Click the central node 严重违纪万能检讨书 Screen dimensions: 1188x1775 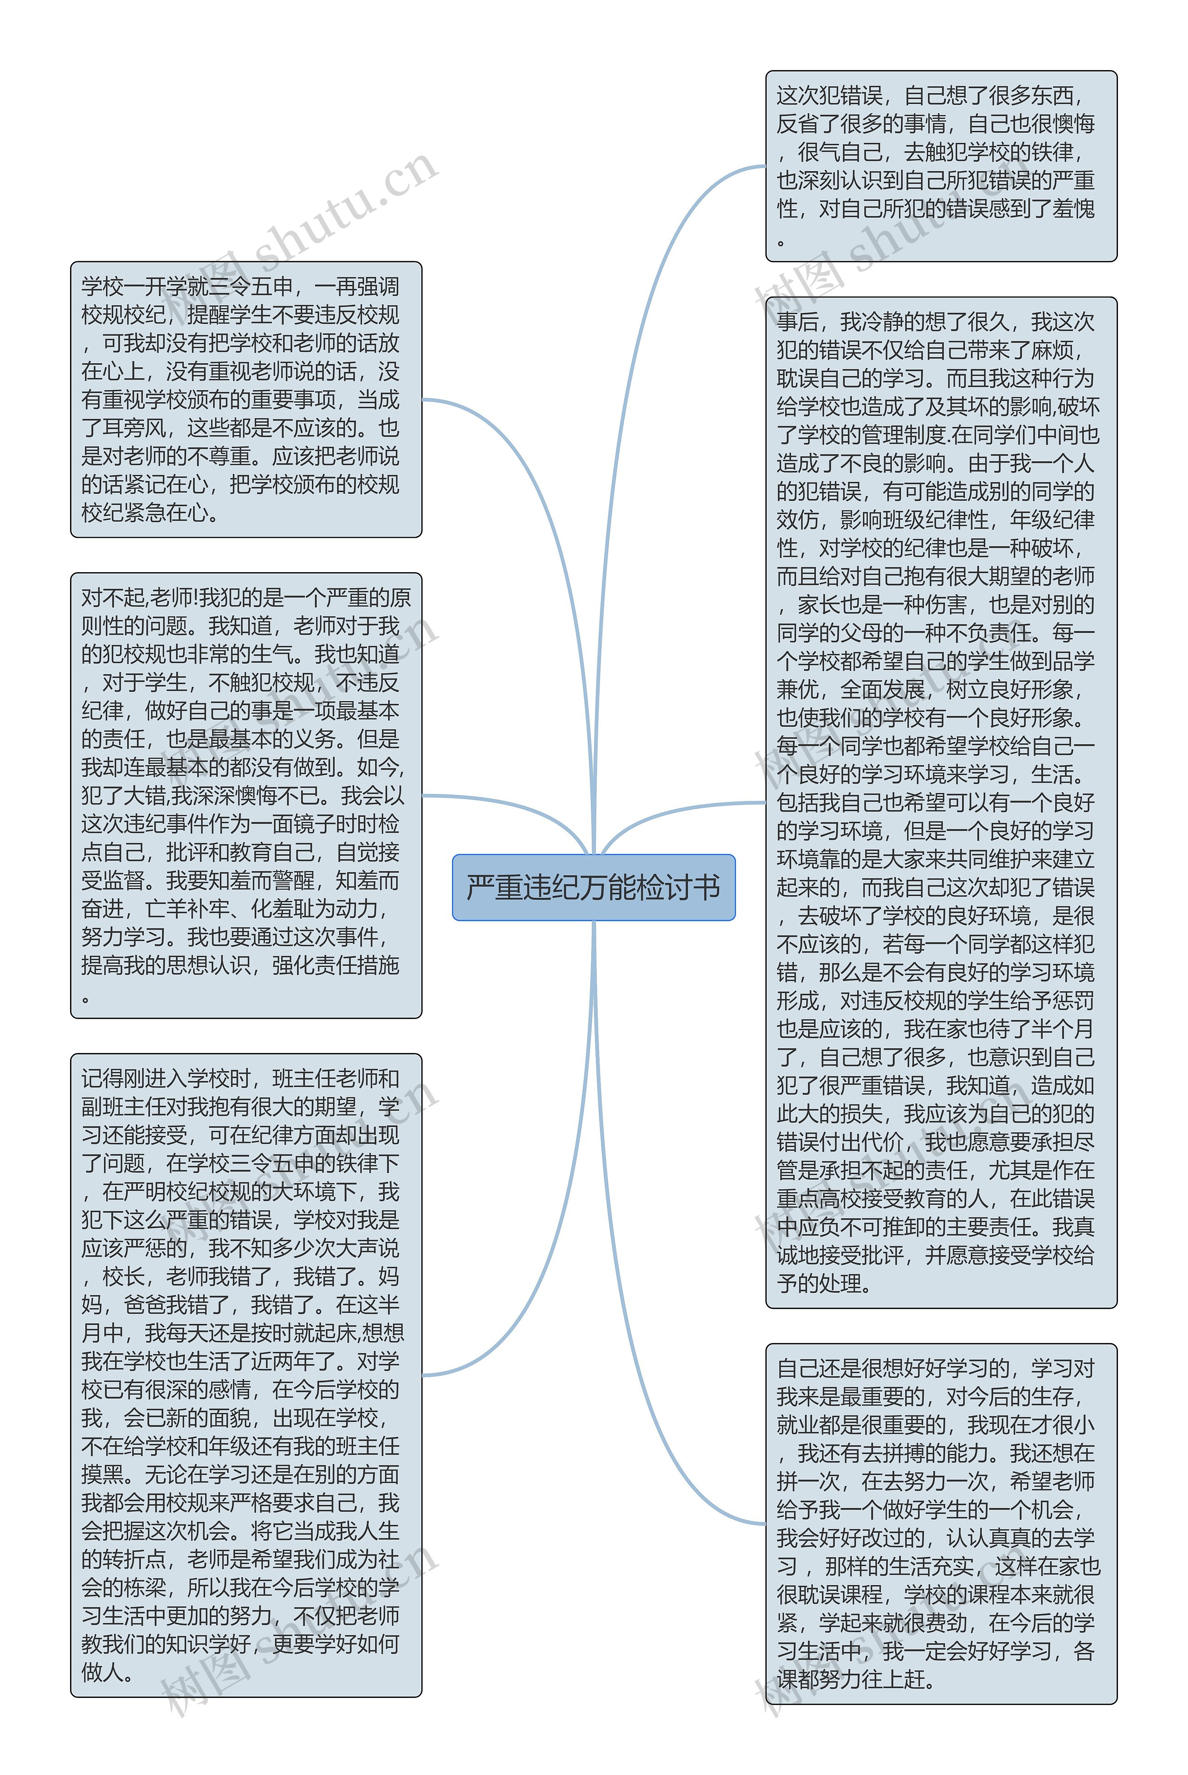[593, 887]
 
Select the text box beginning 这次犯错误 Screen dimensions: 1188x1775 [941, 166]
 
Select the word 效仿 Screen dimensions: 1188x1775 [798, 520]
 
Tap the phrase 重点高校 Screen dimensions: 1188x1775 [818, 1199]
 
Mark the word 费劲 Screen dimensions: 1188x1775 [946, 1623]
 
